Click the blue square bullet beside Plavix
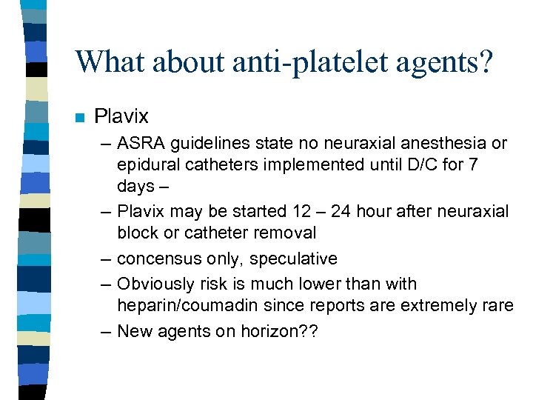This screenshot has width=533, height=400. [x=80, y=117]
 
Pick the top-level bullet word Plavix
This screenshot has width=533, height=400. [x=121, y=116]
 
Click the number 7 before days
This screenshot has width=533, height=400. [x=472, y=163]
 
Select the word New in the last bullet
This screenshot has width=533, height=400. [x=134, y=332]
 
